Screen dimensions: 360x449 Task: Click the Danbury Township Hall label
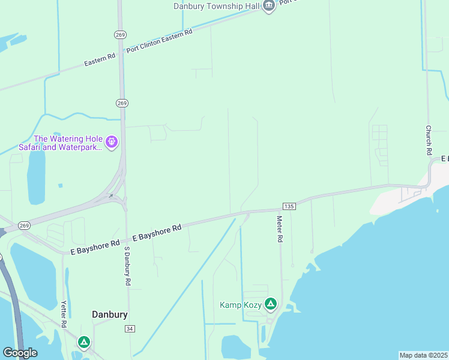[x=216, y=6]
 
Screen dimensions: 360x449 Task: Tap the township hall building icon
[x=268, y=6]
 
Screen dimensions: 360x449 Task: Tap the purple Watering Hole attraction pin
[x=111, y=142]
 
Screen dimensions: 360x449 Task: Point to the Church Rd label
[x=429, y=137]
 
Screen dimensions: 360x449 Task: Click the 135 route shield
[x=289, y=206]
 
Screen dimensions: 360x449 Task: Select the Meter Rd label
[x=280, y=229]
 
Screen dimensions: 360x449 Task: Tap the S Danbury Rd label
[x=127, y=265]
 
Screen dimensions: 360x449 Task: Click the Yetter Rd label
[x=64, y=314]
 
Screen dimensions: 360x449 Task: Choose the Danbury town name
[x=110, y=314]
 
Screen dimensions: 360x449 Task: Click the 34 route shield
[x=130, y=329]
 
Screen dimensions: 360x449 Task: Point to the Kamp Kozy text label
[x=241, y=305]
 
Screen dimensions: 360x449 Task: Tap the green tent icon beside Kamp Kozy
[x=271, y=305]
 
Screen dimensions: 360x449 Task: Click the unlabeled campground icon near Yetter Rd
[x=84, y=343]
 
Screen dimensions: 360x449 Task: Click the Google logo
[x=20, y=353]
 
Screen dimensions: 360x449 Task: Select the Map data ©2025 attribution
[x=423, y=355]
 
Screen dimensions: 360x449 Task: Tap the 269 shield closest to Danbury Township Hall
[x=121, y=35]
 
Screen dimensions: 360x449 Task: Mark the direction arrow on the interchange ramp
[x=111, y=195]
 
